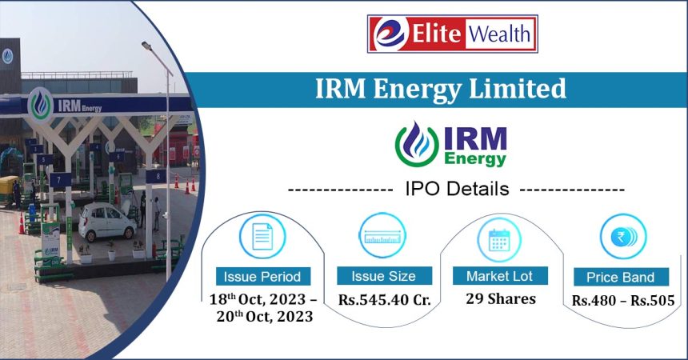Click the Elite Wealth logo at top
point(452,34)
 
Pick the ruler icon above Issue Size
point(382,235)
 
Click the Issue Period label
point(262,277)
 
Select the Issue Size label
point(383,276)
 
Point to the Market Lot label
point(500,276)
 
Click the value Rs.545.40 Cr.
point(384,300)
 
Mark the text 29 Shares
point(501,298)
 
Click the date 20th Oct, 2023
point(262,318)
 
